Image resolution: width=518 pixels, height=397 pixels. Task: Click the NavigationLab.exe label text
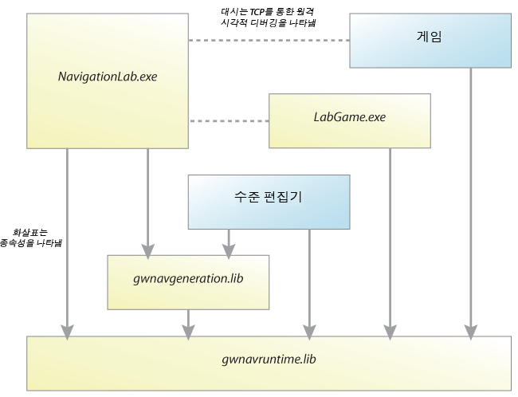tap(108, 77)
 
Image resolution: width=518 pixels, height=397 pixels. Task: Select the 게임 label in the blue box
tap(429, 37)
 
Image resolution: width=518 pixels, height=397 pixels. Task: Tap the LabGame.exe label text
tap(350, 117)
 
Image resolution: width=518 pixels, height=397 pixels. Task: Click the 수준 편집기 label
tap(269, 197)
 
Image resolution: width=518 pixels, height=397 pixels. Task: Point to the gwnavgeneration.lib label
tap(188, 279)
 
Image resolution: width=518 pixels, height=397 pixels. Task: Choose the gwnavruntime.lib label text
tap(269, 360)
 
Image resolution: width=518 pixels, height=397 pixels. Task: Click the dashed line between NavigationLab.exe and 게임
tap(269, 41)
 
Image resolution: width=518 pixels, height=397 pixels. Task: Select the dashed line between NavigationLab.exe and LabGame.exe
tap(230, 121)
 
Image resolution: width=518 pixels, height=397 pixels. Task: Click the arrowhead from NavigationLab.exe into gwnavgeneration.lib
tap(147, 252)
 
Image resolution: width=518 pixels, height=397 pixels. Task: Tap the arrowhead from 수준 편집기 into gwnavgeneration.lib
tap(229, 252)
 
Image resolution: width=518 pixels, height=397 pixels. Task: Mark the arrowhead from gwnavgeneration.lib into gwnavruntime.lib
tap(188, 332)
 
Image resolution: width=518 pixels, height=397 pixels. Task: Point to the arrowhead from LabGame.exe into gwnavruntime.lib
tap(390, 332)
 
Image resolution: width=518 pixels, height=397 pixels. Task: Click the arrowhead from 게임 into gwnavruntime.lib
tap(471, 332)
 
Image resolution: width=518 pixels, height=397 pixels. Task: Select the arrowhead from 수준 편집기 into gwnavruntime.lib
tap(309, 332)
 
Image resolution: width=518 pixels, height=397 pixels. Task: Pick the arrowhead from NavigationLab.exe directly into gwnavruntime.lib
tap(67, 332)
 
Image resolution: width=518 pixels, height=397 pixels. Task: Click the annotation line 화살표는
tap(30, 233)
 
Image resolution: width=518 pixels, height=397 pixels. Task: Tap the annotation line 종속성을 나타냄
tap(31, 243)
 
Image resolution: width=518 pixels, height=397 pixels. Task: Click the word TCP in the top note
tap(257, 12)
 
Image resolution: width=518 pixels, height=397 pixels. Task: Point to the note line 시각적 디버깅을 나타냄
tap(269, 23)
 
